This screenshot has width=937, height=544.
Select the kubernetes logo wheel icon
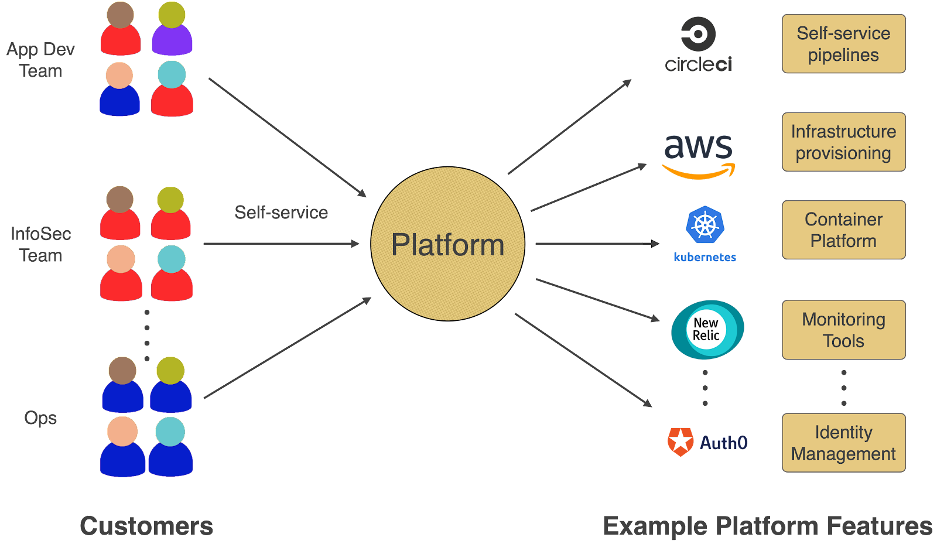click(705, 225)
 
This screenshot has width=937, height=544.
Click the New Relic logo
click(707, 330)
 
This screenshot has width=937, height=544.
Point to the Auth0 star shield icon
click(680, 442)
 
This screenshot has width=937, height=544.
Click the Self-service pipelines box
click(843, 44)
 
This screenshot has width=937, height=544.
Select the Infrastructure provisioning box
click(843, 142)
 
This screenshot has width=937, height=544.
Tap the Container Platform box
click(843, 230)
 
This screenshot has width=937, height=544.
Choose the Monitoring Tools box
click(843, 330)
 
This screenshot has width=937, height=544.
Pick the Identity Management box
click(843, 443)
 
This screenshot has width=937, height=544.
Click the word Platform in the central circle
click(447, 245)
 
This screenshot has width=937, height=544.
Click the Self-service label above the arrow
click(281, 212)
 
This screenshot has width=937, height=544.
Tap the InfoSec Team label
click(40, 244)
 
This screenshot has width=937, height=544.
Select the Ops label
click(40, 418)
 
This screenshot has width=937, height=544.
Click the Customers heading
click(146, 526)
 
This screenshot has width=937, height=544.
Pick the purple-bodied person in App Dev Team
click(172, 29)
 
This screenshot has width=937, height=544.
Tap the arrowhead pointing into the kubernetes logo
click(655, 244)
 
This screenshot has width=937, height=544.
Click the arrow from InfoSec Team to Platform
click(281, 244)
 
